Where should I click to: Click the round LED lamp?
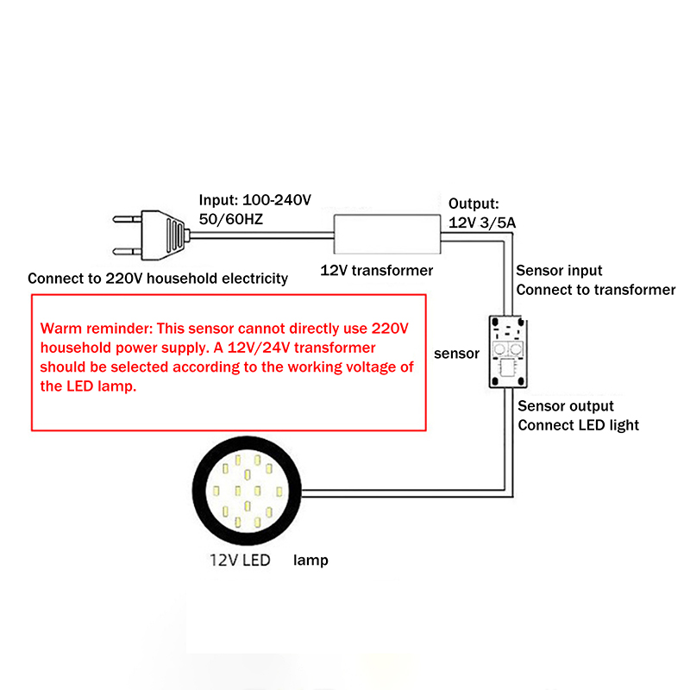pos(248,494)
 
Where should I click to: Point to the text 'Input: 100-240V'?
pos(255,200)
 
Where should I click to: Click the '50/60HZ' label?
pos(231,219)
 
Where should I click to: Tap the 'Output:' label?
pos(474,204)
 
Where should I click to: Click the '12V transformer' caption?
pos(377,270)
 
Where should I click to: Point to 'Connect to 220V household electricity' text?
pos(158,279)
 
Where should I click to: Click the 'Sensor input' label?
pos(559,271)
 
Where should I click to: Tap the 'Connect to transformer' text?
pos(596,290)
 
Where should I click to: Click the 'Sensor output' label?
pos(566,406)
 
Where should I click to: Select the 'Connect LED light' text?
pos(578,425)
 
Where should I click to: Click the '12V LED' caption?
pos(240,560)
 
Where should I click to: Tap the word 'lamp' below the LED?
pos(310,561)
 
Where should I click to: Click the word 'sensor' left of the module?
pos(456,354)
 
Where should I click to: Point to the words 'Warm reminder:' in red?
pos(89,329)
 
